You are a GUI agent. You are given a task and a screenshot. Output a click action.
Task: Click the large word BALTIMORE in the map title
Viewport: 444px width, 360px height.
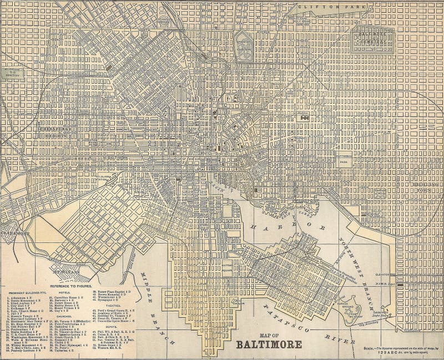click(269, 344)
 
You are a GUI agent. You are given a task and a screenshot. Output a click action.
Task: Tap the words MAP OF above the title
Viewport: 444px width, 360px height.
click(269, 334)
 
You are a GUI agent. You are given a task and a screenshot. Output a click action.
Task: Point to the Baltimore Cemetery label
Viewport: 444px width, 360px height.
click(372, 38)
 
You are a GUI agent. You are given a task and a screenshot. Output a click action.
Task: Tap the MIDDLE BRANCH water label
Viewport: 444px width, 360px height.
click(152, 288)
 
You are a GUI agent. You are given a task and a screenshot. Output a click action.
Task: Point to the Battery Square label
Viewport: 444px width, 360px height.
click(228, 268)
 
